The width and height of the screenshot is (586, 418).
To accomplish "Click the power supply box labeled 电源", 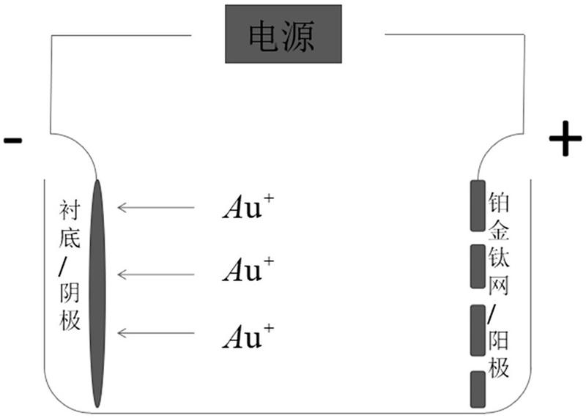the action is [x=283, y=34].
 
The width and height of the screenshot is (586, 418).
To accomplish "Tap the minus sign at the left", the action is [x=13, y=141].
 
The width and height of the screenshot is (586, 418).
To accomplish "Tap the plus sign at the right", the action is [x=565, y=138].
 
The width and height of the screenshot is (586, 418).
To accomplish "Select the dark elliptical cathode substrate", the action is [x=97, y=294].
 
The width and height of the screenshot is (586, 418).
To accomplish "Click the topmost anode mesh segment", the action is [x=478, y=206].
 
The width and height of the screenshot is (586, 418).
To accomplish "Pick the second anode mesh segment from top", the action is [x=478, y=266].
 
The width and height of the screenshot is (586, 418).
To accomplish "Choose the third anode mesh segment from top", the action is [x=478, y=330].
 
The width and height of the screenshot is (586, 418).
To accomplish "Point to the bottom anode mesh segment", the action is [x=478, y=389].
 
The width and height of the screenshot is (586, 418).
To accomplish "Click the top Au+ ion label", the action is [x=248, y=206].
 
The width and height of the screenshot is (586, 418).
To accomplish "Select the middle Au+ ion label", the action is [x=248, y=269].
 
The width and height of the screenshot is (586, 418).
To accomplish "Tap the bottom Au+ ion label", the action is [x=248, y=336].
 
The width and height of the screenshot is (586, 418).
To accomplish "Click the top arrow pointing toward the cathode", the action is [x=156, y=207].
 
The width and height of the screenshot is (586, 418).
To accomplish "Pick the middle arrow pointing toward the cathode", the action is [x=156, y=275].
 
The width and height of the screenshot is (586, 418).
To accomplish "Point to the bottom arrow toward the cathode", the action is [x=156, y=333].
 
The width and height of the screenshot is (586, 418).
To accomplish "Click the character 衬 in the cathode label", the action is [x=70, y=210].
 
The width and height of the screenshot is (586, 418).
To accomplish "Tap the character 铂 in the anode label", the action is [x=499, y=202].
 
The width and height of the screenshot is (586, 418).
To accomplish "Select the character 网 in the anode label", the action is [x=499, y=285].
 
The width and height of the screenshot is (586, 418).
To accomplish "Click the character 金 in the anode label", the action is [x=499, y=230].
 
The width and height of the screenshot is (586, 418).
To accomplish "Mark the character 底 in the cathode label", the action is [x=70, y=239].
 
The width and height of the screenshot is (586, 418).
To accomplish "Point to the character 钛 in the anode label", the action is [x=499, y=258].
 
